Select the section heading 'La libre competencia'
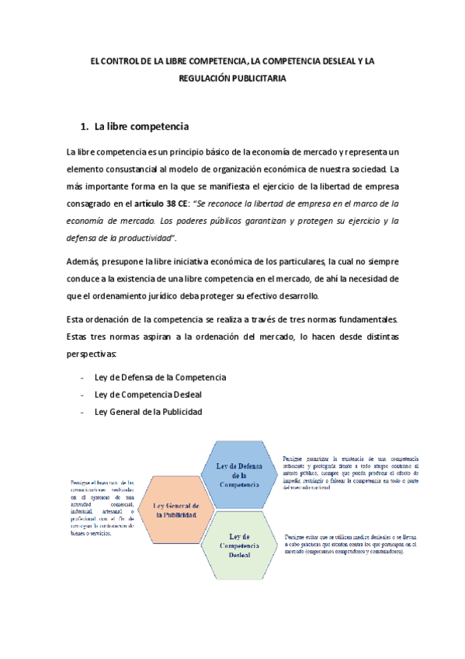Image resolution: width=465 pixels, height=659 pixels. pos(142,127)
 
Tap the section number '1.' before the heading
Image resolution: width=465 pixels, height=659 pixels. pos(86,127)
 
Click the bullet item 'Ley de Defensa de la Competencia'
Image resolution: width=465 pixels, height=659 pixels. pos(160,377)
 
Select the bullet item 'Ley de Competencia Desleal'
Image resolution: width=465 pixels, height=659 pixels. pos(147,394)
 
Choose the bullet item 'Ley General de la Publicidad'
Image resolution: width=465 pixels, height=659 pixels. pos(148,411)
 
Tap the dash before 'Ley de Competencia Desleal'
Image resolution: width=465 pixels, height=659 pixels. pos(83,394)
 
